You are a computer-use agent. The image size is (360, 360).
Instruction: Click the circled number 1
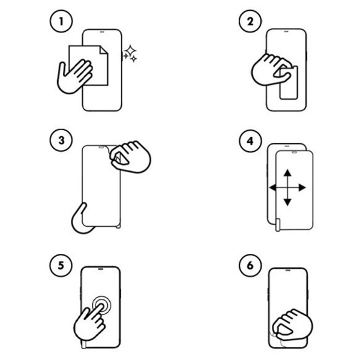point(61,21)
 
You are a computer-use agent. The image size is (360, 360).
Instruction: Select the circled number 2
point(250,21)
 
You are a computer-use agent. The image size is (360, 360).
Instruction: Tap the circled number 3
point(61,140)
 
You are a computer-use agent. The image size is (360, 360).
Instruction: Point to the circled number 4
point(250,141)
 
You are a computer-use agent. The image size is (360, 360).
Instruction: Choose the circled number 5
point(61,265)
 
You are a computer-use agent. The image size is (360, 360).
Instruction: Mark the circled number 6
point(250,265)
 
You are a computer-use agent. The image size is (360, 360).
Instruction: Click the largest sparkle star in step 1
point(130,51)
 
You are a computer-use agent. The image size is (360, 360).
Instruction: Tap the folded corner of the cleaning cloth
point(104,50)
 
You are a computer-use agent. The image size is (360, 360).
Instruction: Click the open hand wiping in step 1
point(74,76)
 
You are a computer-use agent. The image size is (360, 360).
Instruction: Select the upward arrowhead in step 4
point(287,173)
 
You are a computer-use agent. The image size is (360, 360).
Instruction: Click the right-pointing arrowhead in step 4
point(302,188)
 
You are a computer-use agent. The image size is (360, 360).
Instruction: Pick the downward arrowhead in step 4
point(287,202)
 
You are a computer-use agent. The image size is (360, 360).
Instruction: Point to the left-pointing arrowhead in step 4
point(272,188)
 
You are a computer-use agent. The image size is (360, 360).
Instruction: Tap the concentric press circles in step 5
point(101,305)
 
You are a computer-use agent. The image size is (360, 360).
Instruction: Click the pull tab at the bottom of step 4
point(278,225)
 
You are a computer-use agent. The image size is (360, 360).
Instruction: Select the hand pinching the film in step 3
point(130,157)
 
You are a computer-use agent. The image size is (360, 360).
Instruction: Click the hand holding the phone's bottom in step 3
point(82,220)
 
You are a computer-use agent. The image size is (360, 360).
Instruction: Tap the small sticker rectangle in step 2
point(289,83)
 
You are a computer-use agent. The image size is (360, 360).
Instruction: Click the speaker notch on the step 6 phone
point(288,271)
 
